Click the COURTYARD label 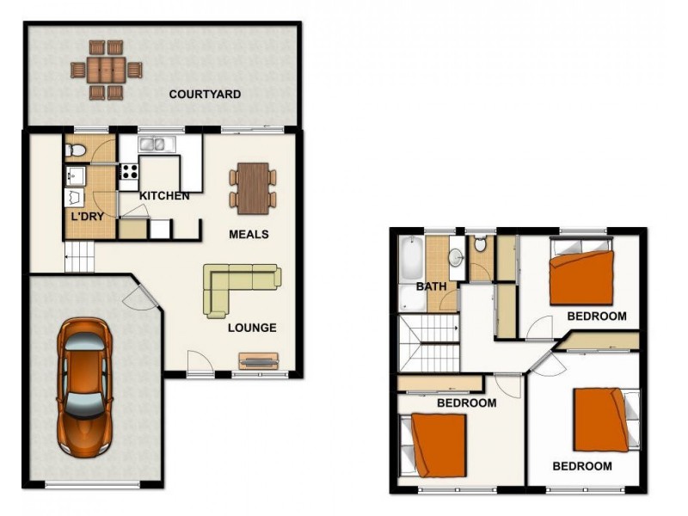pos(205,95)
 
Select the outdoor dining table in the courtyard pos(106,71)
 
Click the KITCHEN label pos(164,196)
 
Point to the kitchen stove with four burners pos(130,171)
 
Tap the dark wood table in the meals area pos(253,188)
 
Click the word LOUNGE pos(252,328)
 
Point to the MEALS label pos(249,235)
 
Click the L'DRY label pos(88,217)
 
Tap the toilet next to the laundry pos(75,150)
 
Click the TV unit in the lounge pos(259,361)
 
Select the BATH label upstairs pos(432,286)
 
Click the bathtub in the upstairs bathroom pos(411,259)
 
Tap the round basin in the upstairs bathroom pos(456,257)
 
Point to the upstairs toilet pos(481,244)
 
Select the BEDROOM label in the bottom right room pos(582,466)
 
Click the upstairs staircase pos(428,343)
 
